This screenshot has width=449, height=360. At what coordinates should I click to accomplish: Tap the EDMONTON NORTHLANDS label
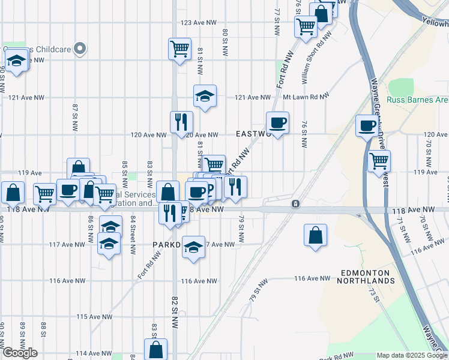[x=367, y=277]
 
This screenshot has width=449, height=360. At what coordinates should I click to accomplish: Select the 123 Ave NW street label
[x=198, y=23]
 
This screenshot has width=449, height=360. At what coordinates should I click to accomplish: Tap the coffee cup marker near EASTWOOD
[x=277, y=123]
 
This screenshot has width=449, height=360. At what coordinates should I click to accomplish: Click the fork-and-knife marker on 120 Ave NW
[x=181, y=122]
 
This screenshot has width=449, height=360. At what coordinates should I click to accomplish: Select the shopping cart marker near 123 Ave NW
[x=179, y=49]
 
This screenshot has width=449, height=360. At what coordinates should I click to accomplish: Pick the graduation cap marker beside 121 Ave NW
[x=205, y=95]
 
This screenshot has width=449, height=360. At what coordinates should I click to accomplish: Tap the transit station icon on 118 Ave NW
[x=295, y=205]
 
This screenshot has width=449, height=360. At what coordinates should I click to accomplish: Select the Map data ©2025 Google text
[x=412, y=355]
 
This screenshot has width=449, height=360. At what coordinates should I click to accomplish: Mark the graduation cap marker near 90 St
[x=16, y=60]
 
